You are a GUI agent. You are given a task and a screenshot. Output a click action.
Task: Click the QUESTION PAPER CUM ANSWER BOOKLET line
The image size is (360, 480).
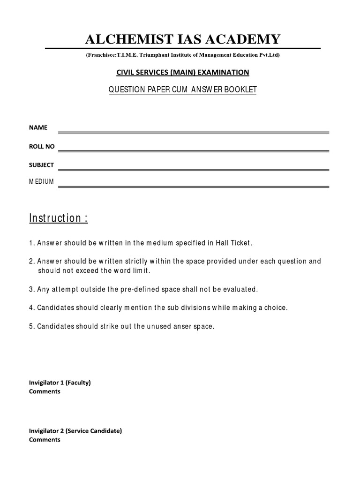point(183,90)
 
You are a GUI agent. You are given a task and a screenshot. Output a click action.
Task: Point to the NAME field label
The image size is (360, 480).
point(36,127)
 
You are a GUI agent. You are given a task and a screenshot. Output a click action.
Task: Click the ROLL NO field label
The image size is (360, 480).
point(42,146)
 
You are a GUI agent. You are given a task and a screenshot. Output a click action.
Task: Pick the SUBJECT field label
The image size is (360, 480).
point(41,165)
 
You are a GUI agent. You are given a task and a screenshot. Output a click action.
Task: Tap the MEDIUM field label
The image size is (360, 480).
point(41,181)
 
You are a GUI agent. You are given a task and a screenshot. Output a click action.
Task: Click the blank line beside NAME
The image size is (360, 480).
point(193,133)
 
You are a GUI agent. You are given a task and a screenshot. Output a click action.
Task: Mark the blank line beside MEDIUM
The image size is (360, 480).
point(193,187)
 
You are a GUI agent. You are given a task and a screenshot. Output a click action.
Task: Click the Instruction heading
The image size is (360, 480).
point(58,218)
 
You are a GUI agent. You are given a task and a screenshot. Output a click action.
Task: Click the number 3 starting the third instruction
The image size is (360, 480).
point(31,289)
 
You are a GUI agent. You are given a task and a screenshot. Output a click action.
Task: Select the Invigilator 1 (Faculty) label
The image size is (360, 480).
point(60,382)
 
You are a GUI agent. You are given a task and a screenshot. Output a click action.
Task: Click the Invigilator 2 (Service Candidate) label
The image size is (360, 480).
point(75,431)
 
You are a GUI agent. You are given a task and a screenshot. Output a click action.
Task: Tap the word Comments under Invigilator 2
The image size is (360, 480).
point(45,440)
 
